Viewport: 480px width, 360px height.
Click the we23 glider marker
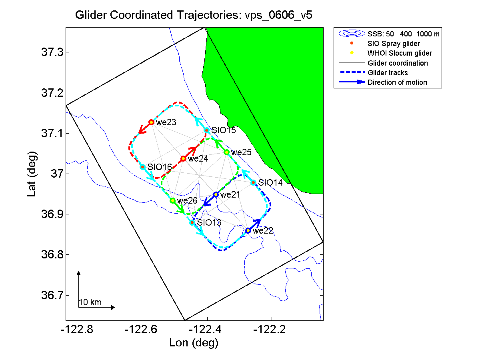(152, 122)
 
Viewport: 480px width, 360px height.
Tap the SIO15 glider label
(224, 130)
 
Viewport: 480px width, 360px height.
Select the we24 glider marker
(184, 159)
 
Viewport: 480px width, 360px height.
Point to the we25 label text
(241, 152)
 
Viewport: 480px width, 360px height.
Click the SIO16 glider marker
(143, 167)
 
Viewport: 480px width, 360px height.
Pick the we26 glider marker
(172, 200)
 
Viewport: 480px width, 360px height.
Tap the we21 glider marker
(216, 195)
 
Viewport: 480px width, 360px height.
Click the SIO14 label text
(270, 183)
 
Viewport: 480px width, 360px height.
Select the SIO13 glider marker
(192, 222)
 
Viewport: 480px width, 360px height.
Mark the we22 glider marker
(248, 231)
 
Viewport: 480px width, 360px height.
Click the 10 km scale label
(90, 302)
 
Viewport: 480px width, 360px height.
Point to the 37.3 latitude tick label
(53, 52)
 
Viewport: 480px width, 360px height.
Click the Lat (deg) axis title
(32, 174)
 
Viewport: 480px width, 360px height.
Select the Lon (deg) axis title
(194, 343)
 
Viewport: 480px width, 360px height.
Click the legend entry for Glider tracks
(388, 73)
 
